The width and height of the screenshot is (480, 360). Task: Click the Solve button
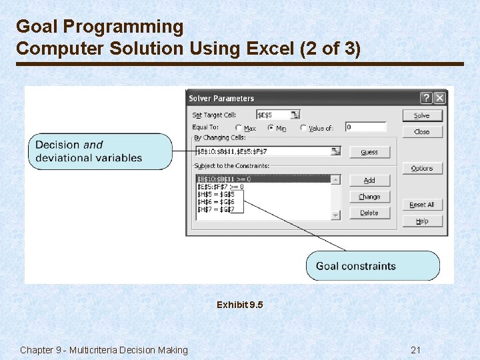pyautogui.click(x=422, y=115)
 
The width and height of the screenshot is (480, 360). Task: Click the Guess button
pyautogui.click(x=369, y=152)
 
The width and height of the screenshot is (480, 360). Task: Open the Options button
pyautogui.click(x=422, y=169)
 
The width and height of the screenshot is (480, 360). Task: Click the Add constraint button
pyautogui.click(x=369, y=181)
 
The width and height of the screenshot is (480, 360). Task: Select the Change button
pyautogui.click(x=369, y=197)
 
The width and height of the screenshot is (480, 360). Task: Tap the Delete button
pyautogui.click(x=369, y=213)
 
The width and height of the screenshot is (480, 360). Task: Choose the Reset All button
pyautogui.click(x=422, y=205)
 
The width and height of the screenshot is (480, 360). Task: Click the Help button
pyautogui.click(x=422, y=221)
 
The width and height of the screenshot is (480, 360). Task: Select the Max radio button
pyautogui.click(x=239, y=128)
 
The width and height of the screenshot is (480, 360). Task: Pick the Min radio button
pyautogui.click(x=271, y=128)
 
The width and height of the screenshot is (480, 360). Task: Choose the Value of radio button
pyautogui.click(x=303, y=128)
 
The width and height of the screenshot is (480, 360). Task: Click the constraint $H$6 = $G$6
pyautogui.click(x=216, y=202)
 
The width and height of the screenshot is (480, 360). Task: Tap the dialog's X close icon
pyautogui.click(x=439, y=98)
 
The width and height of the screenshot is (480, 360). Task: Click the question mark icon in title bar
pyautogui.click(x=427, y=98)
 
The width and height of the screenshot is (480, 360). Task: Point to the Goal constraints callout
pyautogui.click(x=373, y=266)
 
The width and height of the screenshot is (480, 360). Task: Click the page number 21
pyautogui.click(x=417, y=350)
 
